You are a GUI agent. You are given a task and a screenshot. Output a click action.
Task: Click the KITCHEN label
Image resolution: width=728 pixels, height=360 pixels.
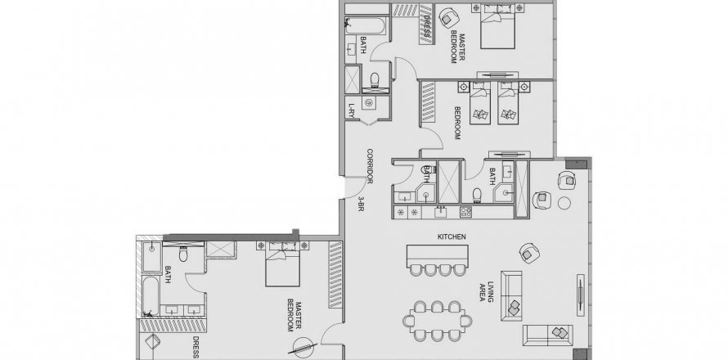point(452,237)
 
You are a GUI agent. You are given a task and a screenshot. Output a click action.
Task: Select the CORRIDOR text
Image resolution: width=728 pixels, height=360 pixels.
point(370,166)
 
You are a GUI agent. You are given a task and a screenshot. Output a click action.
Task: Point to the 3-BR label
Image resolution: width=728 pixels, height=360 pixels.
point(360,204)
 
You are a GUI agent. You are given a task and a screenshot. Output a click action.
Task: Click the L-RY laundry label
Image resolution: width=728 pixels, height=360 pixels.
point(352,110)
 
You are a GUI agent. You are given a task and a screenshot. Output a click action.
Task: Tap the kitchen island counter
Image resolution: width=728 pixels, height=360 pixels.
point(438,254)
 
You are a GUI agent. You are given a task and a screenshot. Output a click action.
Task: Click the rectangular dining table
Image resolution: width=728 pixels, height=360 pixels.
point(438,321)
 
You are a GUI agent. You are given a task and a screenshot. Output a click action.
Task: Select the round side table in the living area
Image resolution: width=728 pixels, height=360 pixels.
point(564,203)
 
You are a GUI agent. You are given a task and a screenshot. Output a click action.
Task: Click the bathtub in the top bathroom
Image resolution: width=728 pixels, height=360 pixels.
point(366,26)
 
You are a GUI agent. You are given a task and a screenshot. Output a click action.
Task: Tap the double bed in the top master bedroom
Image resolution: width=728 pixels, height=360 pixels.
point(497,27)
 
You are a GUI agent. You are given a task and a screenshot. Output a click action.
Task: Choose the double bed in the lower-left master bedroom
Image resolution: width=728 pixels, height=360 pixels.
point(282,266)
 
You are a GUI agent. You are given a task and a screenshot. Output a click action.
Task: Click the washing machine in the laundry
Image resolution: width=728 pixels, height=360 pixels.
point(369,102)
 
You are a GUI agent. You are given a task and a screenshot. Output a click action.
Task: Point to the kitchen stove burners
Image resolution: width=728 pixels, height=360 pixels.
point(465,212)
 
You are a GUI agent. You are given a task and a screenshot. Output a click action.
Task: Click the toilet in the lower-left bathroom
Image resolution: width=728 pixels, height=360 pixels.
point(183,253)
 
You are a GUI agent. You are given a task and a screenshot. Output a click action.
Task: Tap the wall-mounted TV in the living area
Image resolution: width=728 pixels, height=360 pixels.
point(581,295)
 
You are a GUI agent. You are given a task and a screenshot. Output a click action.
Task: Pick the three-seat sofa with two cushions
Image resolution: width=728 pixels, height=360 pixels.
point(548,335)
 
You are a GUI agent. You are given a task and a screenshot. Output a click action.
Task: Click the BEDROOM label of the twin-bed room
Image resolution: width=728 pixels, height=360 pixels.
point(457,123)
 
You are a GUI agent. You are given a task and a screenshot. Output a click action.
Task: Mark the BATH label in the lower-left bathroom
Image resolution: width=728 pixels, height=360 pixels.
point(168,275)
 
